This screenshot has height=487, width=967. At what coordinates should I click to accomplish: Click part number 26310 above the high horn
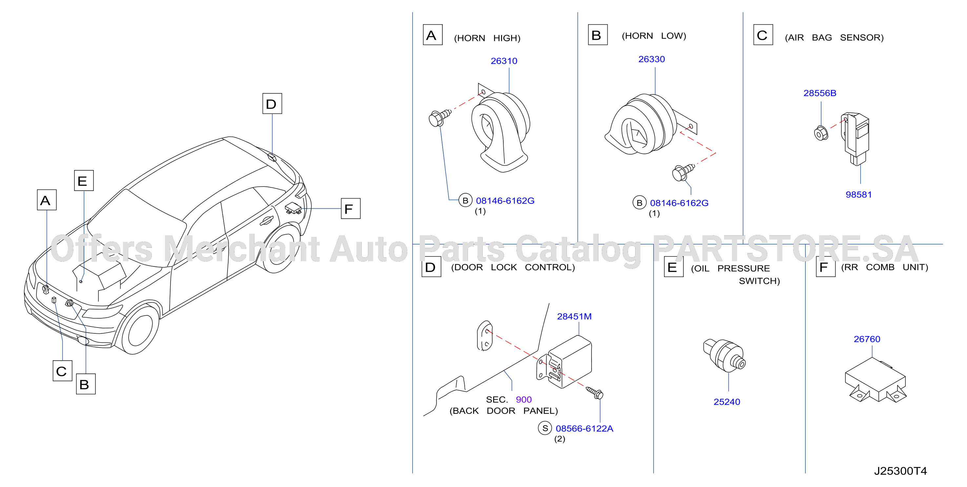pyautogui.click(x=504, y=61)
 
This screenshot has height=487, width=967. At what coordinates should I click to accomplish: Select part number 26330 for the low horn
pyautogui.click(x=651, y=59)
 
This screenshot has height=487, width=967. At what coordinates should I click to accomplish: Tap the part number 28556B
pyautogui.click(x=820, y=93)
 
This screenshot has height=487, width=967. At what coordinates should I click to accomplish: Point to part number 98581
pyautogui.click(x=858, y=194)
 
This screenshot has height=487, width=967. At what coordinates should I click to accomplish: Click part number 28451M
pyautogui.click(x=574, y=316)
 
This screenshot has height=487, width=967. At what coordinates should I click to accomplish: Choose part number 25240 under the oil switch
pyautogui.click(x=727, y=402)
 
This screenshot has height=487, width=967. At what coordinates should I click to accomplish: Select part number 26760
pyautogui.click(x=867, y=339)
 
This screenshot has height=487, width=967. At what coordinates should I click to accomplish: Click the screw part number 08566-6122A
pyautogui.click(x=584, y=428)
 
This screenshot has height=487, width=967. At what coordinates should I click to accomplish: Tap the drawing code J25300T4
pyautogui.click(x=900, y=471)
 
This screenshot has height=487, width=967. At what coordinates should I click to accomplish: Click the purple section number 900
pyautogui.click(x=524, y=399)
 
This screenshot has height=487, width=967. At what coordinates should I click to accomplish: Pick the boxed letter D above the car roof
pyautogui.click(x=272, y=103)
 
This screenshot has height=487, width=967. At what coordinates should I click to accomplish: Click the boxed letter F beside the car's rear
pyautogui.click(x=350, y=209)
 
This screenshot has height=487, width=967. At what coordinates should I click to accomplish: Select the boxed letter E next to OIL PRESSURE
pyautogui.click(x=674, y=267)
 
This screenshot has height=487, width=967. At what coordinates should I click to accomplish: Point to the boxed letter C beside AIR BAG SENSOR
pyautogui.click(x=763, y=34)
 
